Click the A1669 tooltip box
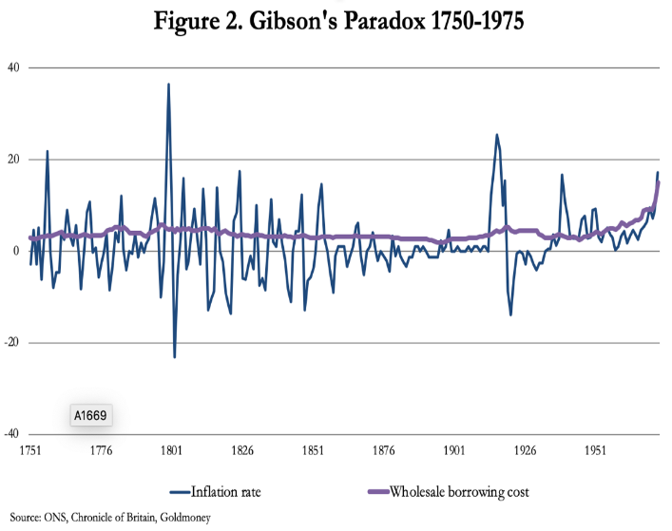coord(92,416)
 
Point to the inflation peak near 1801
coord(169,85)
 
